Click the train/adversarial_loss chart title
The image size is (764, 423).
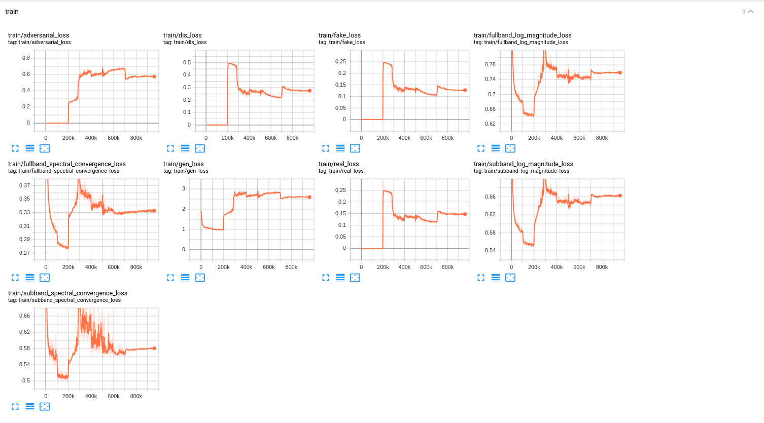point(39,35)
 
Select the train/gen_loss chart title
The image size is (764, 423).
point(184,164)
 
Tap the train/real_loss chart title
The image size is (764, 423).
point(338,164)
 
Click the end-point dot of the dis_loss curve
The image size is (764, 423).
point(309,91)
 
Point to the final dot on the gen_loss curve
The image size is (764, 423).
point(309,197)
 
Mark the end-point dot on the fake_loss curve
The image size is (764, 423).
point(465,90)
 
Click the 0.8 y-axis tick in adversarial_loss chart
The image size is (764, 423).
point(26,58)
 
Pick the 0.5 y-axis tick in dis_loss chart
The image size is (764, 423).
point(187,62)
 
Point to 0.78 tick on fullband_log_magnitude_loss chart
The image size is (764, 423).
point(490,64)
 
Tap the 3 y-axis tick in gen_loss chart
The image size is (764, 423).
point(184,188)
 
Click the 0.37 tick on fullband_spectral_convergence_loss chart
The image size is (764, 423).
point(24,185)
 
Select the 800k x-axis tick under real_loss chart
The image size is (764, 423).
point(447,267)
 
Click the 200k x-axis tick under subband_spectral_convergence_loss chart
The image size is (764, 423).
point(68,396)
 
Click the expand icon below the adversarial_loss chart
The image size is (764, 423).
point(15,148)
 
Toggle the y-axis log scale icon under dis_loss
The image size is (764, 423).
point(185,148)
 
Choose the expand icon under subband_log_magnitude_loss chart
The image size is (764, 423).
point(481,278)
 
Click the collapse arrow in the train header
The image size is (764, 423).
point(751,12)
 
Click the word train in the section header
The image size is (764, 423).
point(12,12)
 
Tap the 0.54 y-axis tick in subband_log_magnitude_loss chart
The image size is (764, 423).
point(490,250)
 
